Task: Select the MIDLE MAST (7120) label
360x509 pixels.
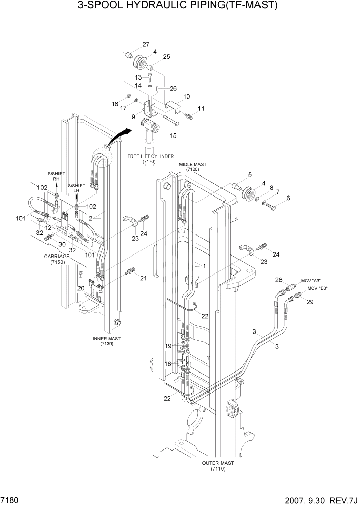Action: (192, 166)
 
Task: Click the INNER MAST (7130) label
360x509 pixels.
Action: (107, 341)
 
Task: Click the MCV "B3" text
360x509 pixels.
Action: (317, 288)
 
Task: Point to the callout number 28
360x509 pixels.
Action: (279, 280)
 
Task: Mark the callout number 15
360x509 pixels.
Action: (173, 135)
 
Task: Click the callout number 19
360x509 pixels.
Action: (168, 346)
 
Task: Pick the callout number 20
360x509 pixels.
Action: (81, 288)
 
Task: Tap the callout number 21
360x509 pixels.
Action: (143, 278)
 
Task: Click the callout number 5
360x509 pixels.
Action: (250, 174)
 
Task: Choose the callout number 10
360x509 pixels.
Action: (186, 96)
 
